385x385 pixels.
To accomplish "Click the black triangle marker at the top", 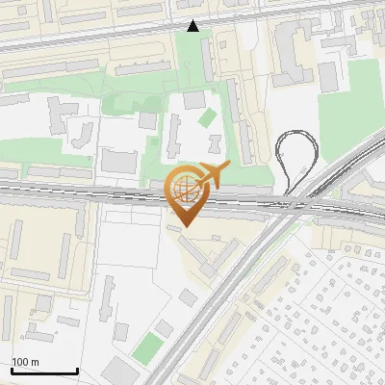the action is point(193,26).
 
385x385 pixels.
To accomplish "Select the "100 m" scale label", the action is point(25,362).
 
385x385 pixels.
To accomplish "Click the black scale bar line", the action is point(43,372).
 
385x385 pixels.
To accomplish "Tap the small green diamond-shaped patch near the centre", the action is point(208,117).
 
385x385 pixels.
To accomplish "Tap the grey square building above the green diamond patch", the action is point(194,100).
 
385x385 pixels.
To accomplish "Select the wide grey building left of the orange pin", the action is point(120,160).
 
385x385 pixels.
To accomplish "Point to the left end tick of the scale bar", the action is point(12,371).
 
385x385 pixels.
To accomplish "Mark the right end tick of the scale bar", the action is point(76,371).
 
